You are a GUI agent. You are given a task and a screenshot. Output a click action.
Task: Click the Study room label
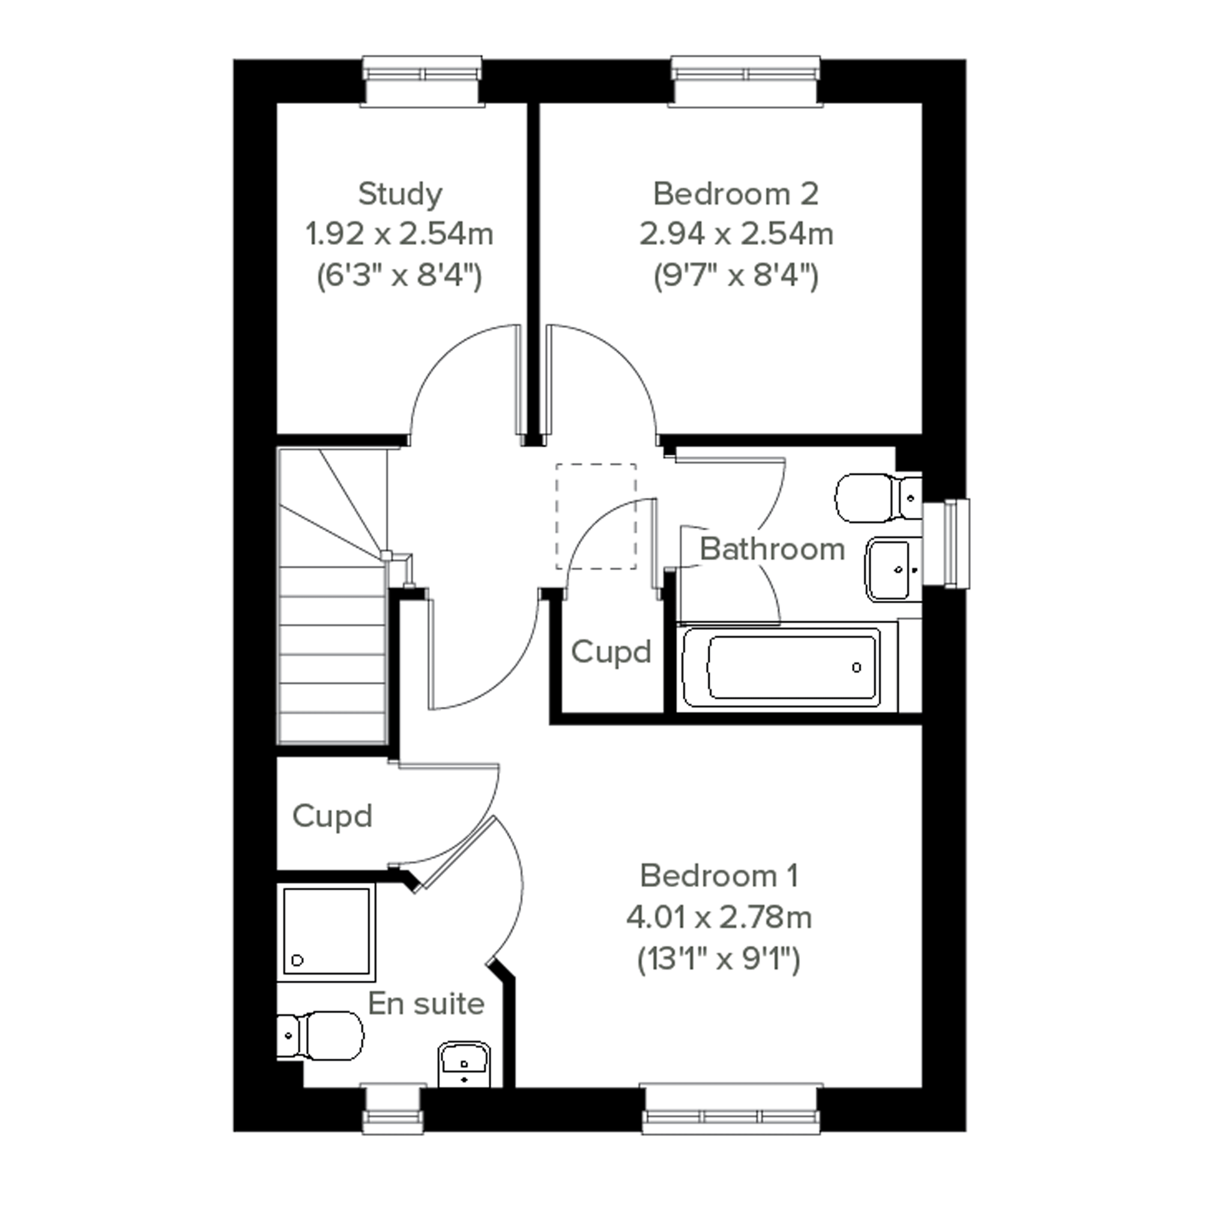click(x=401, y=195)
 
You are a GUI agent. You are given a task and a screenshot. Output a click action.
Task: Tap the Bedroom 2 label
click(x=736, y=194)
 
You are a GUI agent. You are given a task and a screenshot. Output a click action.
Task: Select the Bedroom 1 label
click(x=719, y=876)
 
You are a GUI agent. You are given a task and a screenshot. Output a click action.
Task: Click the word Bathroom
click(x=772, y=549)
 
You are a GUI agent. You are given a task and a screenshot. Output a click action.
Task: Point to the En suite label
click(x=426, y=1004)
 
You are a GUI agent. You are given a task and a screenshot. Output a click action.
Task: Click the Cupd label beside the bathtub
click(x=611, y=652)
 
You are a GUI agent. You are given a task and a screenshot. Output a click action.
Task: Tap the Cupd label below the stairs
click(x=332, y=816)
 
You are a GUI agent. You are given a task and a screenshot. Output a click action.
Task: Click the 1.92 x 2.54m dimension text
click(x=400, y=234)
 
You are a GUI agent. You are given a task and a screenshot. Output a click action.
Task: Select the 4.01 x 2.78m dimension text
click(x=719, y=918)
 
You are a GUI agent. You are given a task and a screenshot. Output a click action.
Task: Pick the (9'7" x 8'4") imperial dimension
click(x=736, y=276)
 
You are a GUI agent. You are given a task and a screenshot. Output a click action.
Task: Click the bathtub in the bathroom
click(x=781, y=667)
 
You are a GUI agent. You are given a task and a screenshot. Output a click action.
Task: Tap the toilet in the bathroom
click(x=878, y=498)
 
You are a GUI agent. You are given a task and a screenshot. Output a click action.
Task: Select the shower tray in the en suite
click(x=327, y=932)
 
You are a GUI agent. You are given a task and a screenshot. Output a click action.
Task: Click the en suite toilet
click(x=321, y=1035)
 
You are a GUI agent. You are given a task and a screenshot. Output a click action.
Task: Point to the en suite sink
click(x=465, y=1064)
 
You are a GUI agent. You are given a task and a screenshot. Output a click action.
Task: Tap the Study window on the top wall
click(x=423, y=81)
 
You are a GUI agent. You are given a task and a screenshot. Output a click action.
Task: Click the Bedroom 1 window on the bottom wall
click(x=731, y=1109)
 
